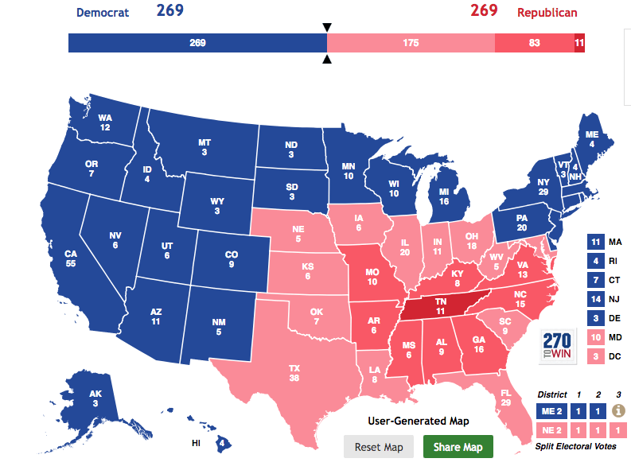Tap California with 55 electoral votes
(72, 258)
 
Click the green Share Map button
(458, 446)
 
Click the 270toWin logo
(558, 345)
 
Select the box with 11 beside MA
(595, 241)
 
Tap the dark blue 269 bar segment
(197, 43)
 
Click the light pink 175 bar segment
(410, 43)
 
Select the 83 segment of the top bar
(534, 43)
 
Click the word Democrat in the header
(103, 13)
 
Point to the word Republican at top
(547, 13)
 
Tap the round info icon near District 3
(617, 410)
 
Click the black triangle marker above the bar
(326, 28)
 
